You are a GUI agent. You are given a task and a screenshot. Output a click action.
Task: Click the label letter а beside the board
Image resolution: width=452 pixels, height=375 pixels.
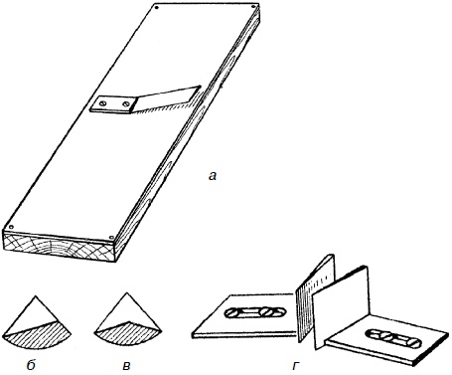point(213,176)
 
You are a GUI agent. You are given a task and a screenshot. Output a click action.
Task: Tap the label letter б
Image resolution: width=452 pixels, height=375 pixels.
point(31,365)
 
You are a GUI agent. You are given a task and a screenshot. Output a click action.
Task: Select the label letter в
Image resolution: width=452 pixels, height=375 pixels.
point(126,366)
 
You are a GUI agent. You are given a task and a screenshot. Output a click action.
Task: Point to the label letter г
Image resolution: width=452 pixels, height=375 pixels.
point(295,366)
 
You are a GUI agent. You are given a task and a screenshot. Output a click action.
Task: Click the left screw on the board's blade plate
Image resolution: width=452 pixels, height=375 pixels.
point(103,103)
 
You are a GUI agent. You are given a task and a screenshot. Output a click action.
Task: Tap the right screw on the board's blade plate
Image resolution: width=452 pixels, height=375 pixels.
point(125,104)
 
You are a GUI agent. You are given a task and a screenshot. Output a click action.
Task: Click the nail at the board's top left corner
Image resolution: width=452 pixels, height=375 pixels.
point(157,7)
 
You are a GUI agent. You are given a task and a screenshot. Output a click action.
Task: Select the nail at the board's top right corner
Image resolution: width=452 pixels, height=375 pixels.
point(254,6)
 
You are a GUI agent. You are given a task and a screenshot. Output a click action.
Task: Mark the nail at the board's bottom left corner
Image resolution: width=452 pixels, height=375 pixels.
point(11,228)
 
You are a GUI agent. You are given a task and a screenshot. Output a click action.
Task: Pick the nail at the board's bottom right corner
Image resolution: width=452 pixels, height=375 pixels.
point(111,238)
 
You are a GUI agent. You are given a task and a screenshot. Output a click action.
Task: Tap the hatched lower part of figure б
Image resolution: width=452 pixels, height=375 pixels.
point(38,336)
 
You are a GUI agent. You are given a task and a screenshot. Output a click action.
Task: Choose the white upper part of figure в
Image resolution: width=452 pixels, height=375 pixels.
point(126,310)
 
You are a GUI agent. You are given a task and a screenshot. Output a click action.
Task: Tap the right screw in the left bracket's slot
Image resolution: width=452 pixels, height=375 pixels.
point(269,312)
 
